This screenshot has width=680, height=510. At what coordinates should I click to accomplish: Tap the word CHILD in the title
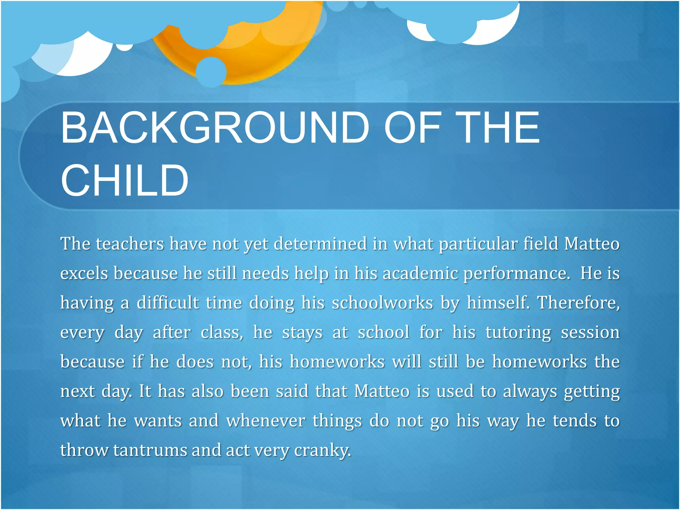[x=125, y=181]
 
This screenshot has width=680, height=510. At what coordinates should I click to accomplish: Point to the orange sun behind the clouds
[x=252, y=53]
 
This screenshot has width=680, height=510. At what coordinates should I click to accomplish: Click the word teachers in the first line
[x=130, y=244]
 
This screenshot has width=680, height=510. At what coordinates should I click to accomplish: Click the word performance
[x=517, y=274]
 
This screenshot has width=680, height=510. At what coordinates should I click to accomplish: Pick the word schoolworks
[x=382, y=303]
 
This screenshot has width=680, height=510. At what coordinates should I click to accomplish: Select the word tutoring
[x=518, y=333]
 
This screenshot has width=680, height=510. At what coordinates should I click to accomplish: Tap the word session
[x=590, y=332]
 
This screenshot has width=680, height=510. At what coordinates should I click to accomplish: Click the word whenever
[x=266, y=421]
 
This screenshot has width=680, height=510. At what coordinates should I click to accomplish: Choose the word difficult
[x=168, y=303]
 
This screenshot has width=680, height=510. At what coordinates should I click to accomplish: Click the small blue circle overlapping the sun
[x=211, y=72]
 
